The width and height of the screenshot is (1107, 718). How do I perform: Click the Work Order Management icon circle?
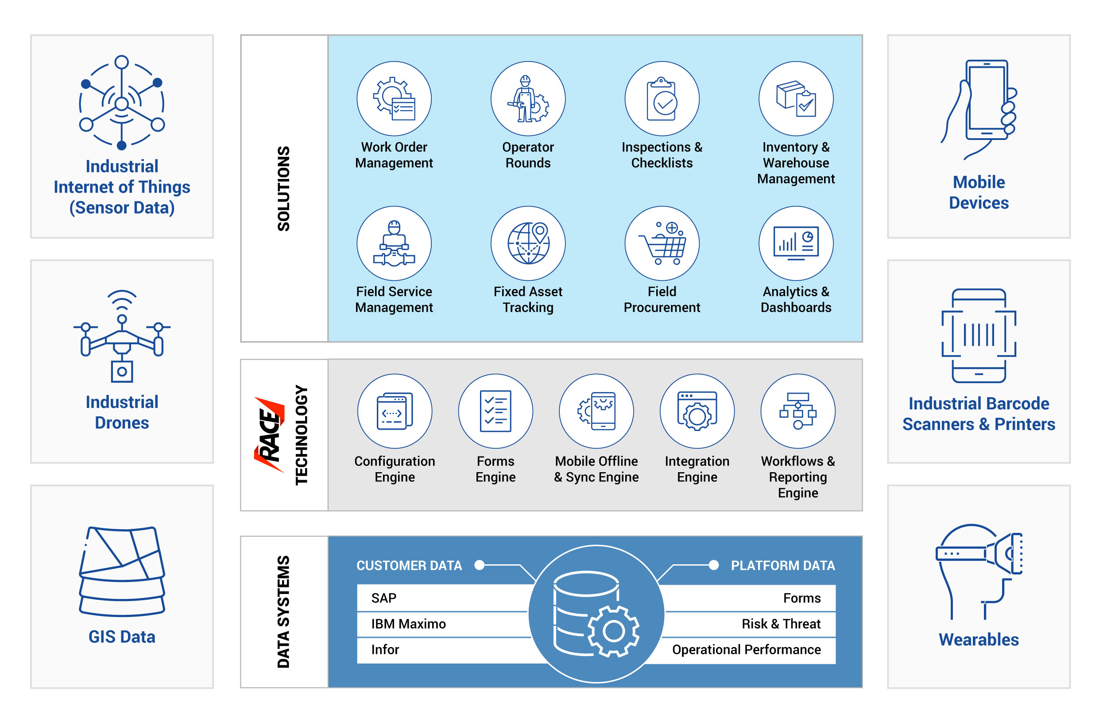tap(394, 99)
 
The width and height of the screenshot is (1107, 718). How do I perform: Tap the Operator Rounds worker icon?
tap(528, 99)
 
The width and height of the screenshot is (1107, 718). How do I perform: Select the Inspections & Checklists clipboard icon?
tap(662, 99)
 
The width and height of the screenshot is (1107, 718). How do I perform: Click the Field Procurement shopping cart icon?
tap(662, 243)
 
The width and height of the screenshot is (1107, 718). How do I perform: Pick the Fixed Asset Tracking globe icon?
tap(528, 243)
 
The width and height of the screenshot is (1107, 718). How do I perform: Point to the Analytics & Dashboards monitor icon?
tap(796, 243)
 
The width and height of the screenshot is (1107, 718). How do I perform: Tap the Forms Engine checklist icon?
tap(495, 411)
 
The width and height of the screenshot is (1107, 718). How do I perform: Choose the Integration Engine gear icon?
tap(697, 411)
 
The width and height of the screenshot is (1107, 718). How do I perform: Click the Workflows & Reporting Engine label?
tap(797, 477)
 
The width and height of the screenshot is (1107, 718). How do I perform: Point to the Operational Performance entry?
tap(747, 649)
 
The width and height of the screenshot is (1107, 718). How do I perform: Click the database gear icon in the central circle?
tap(596, 614)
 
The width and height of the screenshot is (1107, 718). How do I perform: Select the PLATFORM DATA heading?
tap(783, 565)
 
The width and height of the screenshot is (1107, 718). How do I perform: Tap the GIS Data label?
tap(122, 636)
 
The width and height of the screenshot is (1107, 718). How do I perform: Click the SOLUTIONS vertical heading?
tap(283, 188)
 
